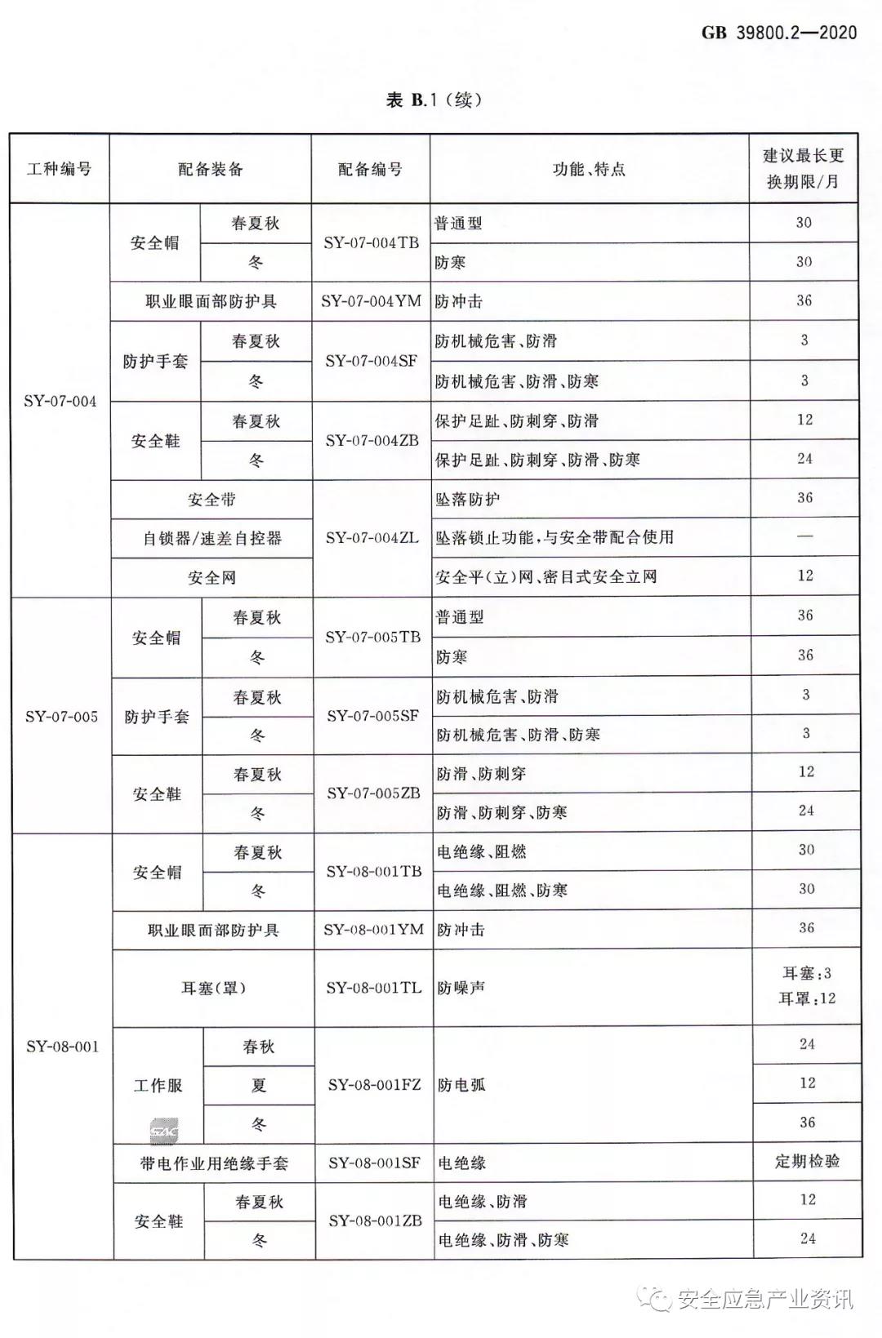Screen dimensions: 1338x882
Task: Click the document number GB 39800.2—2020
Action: [779, 33]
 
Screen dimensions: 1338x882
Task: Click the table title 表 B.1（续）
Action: [434, 100]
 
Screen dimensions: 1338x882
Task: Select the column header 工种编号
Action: [60, 169]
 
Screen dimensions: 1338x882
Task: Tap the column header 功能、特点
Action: [589, 169]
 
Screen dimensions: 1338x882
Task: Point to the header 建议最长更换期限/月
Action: [804, 168]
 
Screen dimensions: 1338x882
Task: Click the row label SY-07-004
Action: [60, 401]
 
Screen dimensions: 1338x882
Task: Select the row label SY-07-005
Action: [61, 716]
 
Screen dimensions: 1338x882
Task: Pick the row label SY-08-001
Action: [62, 1046]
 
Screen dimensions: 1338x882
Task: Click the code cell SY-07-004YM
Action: [372, 301]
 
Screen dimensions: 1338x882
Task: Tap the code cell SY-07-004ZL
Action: [372, 538]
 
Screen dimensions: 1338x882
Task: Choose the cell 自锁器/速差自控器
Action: [212, 538]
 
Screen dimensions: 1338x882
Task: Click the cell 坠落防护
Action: [467, 499]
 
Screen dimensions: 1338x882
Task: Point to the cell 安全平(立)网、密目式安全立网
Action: [546, 577]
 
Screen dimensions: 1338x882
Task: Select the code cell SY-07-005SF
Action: [373, 716]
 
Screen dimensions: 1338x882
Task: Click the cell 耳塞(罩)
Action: [214, 988]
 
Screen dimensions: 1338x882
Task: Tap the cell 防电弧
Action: [461, 1085]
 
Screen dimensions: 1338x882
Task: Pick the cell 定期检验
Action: [807, 1161]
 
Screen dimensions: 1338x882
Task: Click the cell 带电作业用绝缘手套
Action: [214, 1163]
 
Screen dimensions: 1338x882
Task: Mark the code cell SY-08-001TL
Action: [374, 988]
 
